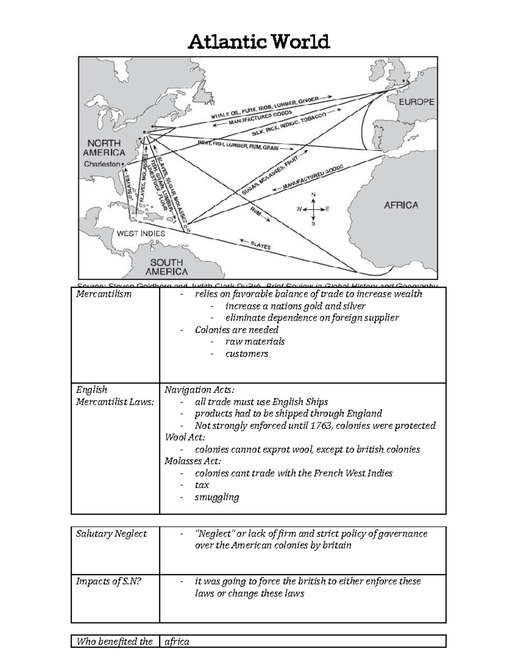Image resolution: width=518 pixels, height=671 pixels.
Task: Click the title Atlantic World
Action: pyautogui.click(x=259, y=42)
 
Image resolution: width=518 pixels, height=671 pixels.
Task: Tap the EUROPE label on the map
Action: pyautogui.click(x=416, y=102)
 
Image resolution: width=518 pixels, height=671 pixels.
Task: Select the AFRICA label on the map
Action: pyautogui.click(x=401, y=205)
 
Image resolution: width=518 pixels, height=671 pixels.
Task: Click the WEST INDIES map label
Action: pyautogui.click(x=141, y=234)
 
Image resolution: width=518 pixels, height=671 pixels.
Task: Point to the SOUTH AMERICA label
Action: pyautogui.click(x=167, y=267)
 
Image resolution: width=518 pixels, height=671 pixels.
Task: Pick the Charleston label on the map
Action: pyautogui.click(x=102, y=164)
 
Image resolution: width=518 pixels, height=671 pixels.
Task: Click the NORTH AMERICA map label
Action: pyautogui.click(x=104, y=148)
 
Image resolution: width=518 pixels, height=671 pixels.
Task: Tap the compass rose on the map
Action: pyautogui.click(x=313, y=209)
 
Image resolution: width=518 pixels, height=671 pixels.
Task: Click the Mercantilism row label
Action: pyautogui.click(x=104, y=294)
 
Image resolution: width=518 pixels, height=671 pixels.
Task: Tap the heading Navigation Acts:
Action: pyautogui.click(x=199, y=390)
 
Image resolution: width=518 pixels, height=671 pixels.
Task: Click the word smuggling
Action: pyautogui.click(x=217, y=497)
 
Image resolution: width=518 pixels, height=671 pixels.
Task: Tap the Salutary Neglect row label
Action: pyautogui.click(x=111, y=534)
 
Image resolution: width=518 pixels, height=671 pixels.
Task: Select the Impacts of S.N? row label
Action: pyautogui.click(x=109, y=582)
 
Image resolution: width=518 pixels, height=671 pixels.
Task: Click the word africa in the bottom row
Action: pyautogui.click(x=177, y=641)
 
